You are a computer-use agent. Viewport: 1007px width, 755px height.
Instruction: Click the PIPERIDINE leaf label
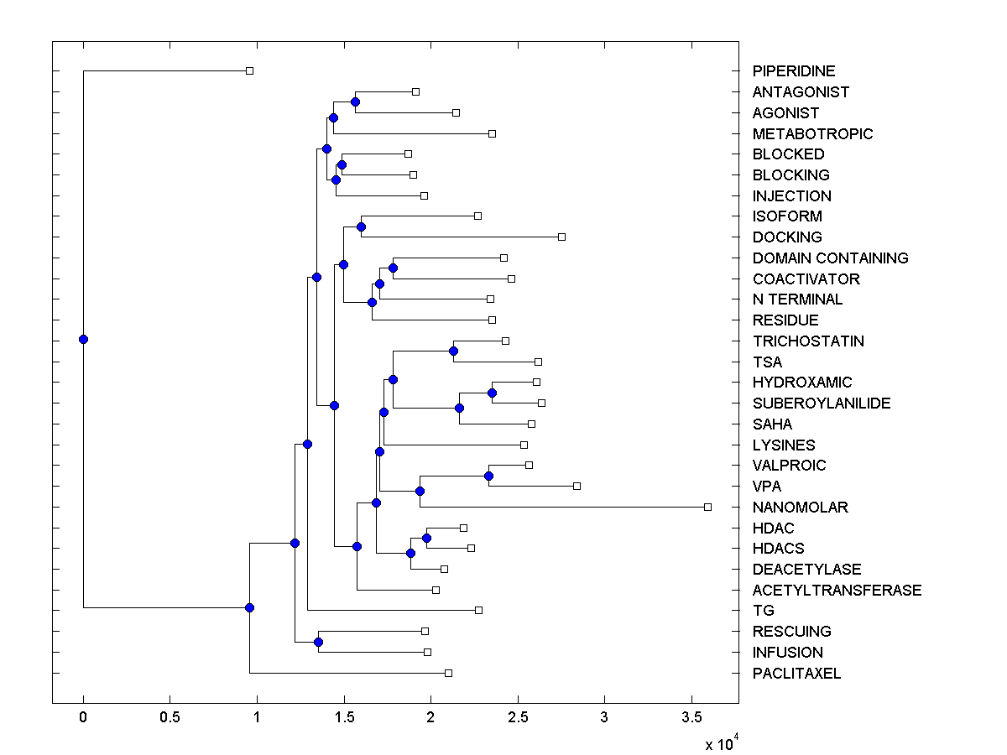pyautogui.click(x=794, y=71)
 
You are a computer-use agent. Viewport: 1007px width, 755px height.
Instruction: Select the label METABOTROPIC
pyautogui.click(x=812, y=133)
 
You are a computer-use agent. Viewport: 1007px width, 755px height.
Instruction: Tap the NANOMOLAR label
pyautogui.click(x=800, y=507)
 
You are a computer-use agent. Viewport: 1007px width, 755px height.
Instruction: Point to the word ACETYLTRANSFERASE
pyautogui.click(x=837, y=590)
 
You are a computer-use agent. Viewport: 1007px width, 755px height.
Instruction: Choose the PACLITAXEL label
pyautogui.click(x=796, y=673)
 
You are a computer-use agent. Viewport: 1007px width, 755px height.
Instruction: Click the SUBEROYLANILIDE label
pyautogui.click(x=822, y=403)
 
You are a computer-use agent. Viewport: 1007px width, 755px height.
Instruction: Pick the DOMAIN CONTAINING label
pyautogui.click(x=830, y=258)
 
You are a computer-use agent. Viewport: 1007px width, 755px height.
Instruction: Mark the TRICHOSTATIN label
pyautogui.click(x=808, y=341)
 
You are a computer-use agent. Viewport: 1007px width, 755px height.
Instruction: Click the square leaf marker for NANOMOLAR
pyautogui.click(x=707, y=507)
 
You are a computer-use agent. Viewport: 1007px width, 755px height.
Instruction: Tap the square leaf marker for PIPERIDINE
pyautogui.click(x=249, y=70)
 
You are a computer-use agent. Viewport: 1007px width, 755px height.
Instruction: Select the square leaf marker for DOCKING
pyautogui.click(x=561, y=237)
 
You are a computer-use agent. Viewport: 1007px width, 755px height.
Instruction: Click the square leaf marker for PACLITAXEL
pyautogui.click(x=448, y=673)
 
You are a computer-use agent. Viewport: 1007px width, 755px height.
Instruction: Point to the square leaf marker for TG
pyautogui.click(x=478, y=610)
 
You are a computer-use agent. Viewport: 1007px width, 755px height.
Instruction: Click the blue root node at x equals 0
pyautogui.click(x=83, y=339)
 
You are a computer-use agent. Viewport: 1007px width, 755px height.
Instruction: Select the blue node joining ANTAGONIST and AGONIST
pyautogui.click(x=355, y=102)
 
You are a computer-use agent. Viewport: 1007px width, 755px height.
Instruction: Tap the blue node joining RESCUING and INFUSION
pyautogui.click(x=318, y=642)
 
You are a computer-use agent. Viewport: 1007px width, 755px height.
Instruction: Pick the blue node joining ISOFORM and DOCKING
pyautogui.click(x=361, y=226)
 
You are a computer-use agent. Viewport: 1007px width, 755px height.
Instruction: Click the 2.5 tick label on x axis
pyautogui.click(x=518, y=718)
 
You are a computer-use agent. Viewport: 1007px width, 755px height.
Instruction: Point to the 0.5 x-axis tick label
pyautogui.click(x=170, y=718)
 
